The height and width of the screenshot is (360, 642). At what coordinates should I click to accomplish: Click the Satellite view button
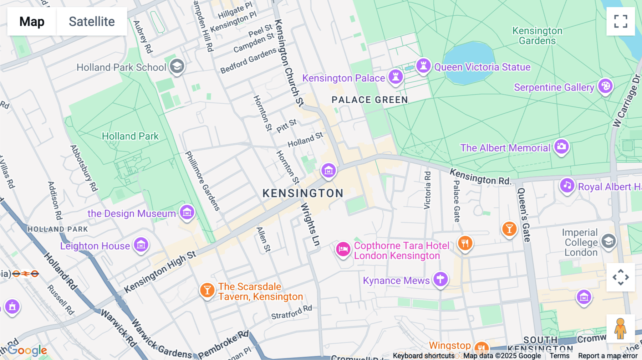tap(92, 21)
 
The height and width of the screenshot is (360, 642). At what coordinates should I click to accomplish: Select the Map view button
tap(32, 21)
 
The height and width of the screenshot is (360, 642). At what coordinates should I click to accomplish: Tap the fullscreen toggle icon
tap(621, 21)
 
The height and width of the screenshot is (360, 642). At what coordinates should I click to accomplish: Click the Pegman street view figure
tap(621, 329)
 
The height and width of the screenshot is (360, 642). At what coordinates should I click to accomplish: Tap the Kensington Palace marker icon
tap(396, 76)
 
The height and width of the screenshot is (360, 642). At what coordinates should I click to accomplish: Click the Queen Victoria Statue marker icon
tap(423, 66)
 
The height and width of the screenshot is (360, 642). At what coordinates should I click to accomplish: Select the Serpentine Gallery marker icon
tap(605, 86)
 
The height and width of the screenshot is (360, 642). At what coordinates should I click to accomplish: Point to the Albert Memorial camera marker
tap(561, 146)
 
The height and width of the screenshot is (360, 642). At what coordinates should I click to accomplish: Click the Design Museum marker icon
tap(187, 212)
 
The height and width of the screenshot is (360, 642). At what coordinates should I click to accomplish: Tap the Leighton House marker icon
tap(141, 245)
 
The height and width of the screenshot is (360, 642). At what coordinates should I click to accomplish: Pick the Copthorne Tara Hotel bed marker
tap(343, 249)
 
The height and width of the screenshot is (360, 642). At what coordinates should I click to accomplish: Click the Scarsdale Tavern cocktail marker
tap(207, 290)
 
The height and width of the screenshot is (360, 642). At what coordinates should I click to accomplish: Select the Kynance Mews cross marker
tap(440, 279)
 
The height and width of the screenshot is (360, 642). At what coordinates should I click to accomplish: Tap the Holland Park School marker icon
tap(177, 66)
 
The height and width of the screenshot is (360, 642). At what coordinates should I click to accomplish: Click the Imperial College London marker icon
tap(608, 241)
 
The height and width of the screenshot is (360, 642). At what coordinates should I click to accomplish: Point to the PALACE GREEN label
tap(370, 100)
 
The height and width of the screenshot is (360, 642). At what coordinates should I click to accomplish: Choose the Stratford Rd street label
tap(291, 313)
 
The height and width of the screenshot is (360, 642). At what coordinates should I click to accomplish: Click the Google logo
tap(27, 350)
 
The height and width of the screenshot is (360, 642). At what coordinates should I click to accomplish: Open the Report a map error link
tap(608, 356)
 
